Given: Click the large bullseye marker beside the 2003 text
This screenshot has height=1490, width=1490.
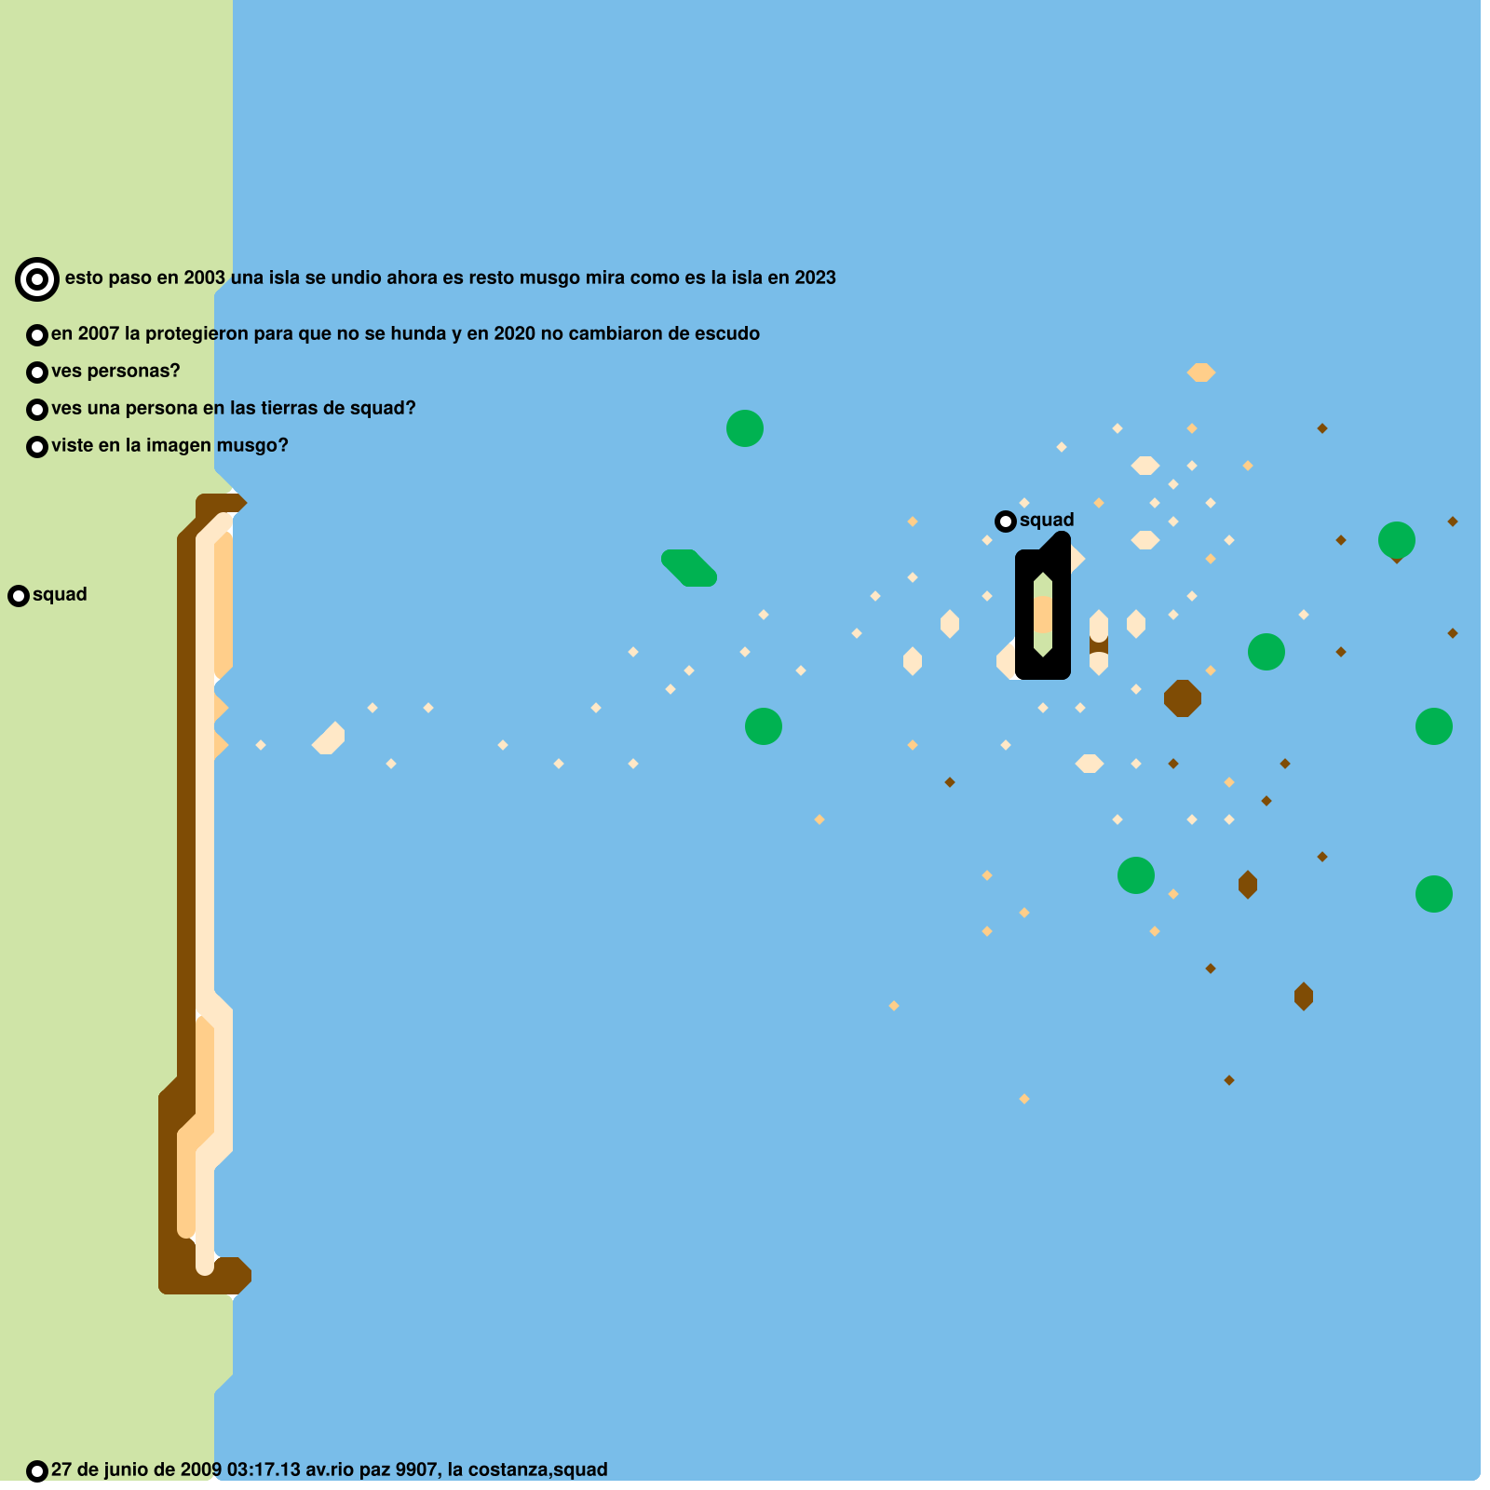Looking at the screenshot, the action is [37, 278].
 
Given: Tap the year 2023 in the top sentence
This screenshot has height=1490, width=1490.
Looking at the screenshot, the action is [815, 278].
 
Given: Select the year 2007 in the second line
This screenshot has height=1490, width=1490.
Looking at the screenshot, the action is [98, 334].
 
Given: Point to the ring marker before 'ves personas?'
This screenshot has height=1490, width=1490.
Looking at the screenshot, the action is [37, 372].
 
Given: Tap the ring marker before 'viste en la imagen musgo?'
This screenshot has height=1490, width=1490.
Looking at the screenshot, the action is [37, 447].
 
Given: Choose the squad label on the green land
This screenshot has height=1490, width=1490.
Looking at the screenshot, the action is [60, 595].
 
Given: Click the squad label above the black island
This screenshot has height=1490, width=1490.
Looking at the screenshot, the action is [1047, 521].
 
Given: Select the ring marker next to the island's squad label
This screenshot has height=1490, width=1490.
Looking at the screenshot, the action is [1006, 521].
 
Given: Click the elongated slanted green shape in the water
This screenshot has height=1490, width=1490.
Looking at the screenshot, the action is [689, 567].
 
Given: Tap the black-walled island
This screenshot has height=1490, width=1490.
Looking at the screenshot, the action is [1043, 615].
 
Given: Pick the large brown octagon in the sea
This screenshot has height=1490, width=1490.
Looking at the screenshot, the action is [1183, 698].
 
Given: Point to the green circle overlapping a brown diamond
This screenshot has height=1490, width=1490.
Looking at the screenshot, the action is [1397, 540].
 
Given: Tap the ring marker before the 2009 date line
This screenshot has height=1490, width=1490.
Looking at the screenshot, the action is [37, 1471].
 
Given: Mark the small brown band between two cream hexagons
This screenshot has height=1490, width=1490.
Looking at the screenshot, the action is [1099, 644].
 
